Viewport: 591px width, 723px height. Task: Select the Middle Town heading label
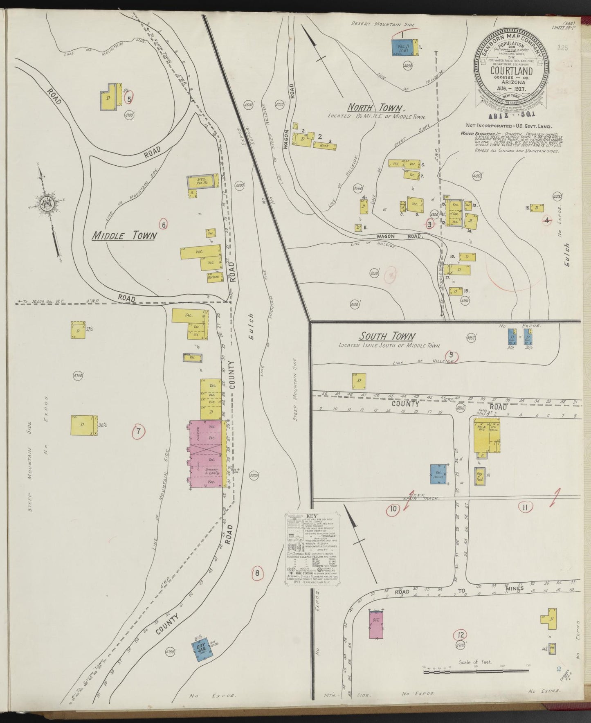point(123,236)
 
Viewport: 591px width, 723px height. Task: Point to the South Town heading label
point(387,336)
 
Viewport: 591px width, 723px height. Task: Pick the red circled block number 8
point(257,572)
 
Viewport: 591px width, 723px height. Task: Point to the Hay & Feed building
point(480,476)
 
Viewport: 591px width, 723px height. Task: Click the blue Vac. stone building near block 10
point(438,474)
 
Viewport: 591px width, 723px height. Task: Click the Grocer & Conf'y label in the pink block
point(213,471)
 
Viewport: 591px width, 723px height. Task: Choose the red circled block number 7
point(139,430)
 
